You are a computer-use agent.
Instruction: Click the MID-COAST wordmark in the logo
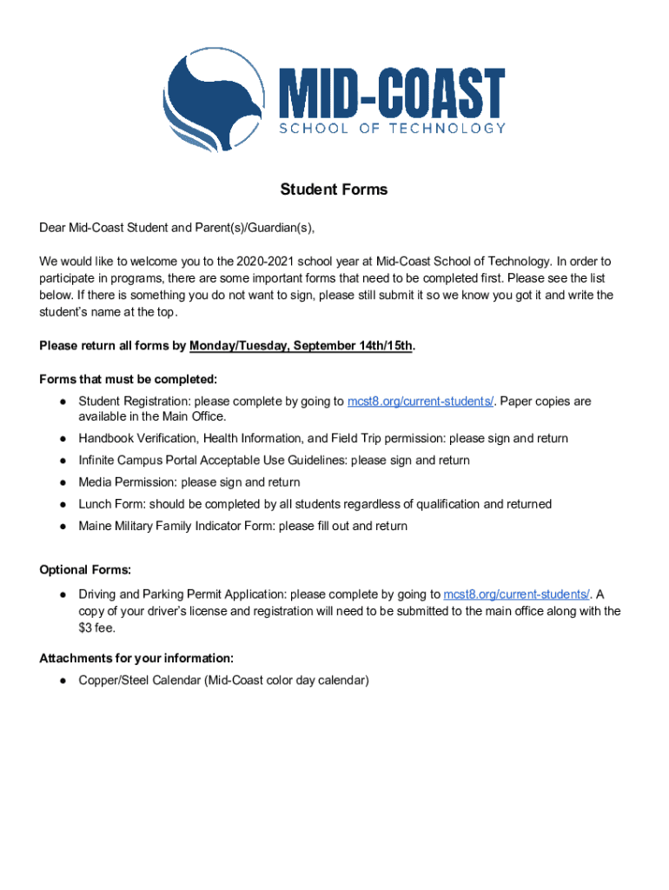tap(391, 92)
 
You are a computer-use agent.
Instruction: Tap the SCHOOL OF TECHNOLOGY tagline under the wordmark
tap(391, 129)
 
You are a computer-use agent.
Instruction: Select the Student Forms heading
tap(334, 189)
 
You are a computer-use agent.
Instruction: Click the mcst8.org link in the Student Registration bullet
tap(421, 402)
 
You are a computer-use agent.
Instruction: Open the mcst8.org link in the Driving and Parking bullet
tap(517, 594)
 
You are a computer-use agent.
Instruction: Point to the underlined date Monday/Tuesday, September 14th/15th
tap(301, 346)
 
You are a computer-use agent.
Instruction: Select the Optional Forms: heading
tap(85, 570)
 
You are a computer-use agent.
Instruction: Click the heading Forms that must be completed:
tap(128, 379)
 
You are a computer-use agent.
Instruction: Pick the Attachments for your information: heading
tap(136, 658)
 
